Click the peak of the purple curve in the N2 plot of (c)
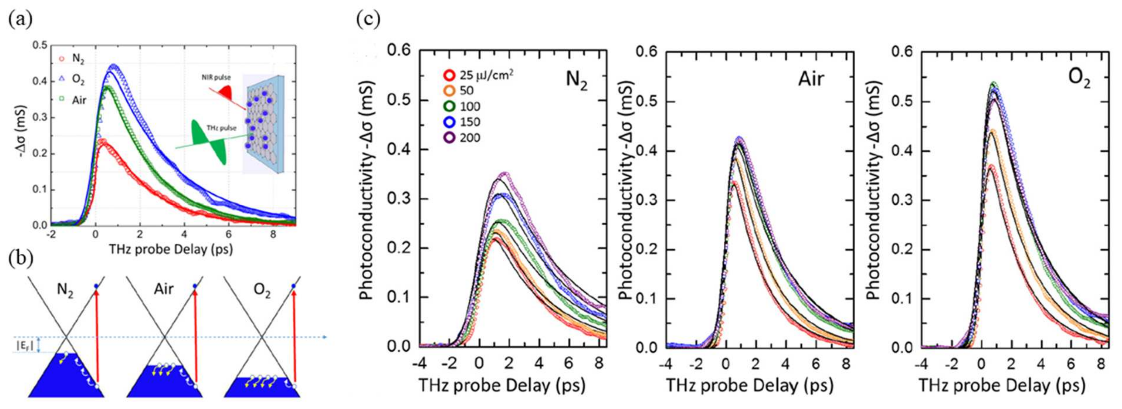pyautogui.click(x=505, y=174)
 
